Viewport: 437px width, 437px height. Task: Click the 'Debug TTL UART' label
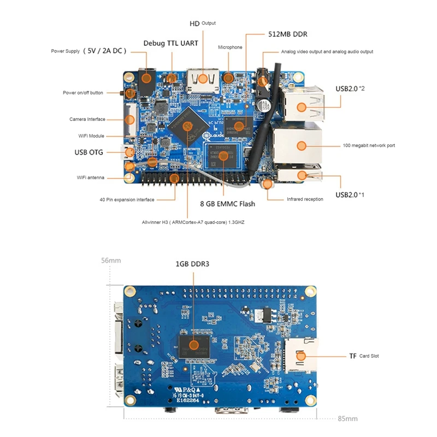pyautogui.click(x=170, y=43)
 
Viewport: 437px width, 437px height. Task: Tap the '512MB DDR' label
pyautogui.click(x=287, y=34)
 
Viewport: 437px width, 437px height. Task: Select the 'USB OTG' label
pyautogui.click(x=88, y=152)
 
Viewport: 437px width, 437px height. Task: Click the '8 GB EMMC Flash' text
pyautogui.click(x=228, y=204)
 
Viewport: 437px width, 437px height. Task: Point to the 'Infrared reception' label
pyautogui.click(x=305, y=199)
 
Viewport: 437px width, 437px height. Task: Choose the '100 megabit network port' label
pyautogui.click(x=369, y=145)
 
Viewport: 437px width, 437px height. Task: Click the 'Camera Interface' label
pyautogui.click(x=87, y=119)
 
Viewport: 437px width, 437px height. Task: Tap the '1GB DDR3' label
pyautogui.click(x=192, y=264)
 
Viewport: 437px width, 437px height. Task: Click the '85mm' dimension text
pyautogui.click(x=347, y=418)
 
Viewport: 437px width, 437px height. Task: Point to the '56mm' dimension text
pyautogui.click(x=111, y=261)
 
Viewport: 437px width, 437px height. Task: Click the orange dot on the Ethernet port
pyautogui.click(x=301, y=145)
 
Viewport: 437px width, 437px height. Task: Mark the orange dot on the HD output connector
pyautogui.click(x=203, y=78)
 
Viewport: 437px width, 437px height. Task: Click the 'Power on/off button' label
pyautogui.click(x=82, y=93)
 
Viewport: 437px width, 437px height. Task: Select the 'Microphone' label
pyautogui.click(x=230, y=48)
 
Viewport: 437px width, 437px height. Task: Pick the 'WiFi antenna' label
pyautogui.click(x=91, y=178)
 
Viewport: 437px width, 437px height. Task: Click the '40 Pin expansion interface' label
pyautogui.click(x=127, y=199)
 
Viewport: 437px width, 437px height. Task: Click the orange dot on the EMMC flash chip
pyautogui.click(x=223, y=156)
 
